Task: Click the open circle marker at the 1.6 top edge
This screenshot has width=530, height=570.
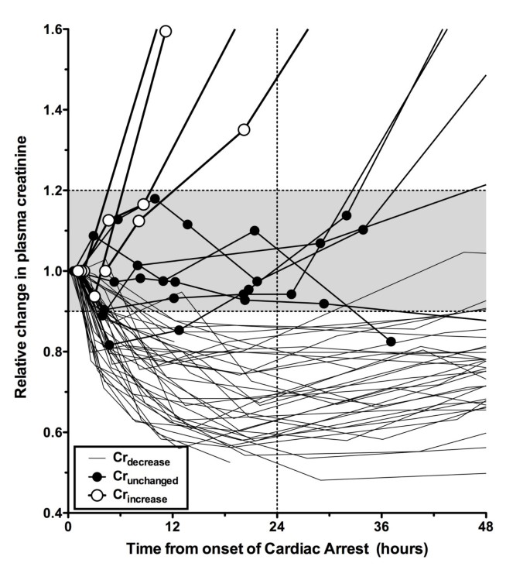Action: click(x=165, y=31)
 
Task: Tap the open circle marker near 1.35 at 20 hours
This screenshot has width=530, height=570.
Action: click(x=244, y=129)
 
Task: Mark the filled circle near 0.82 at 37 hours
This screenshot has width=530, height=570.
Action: click(x=391, y=342)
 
